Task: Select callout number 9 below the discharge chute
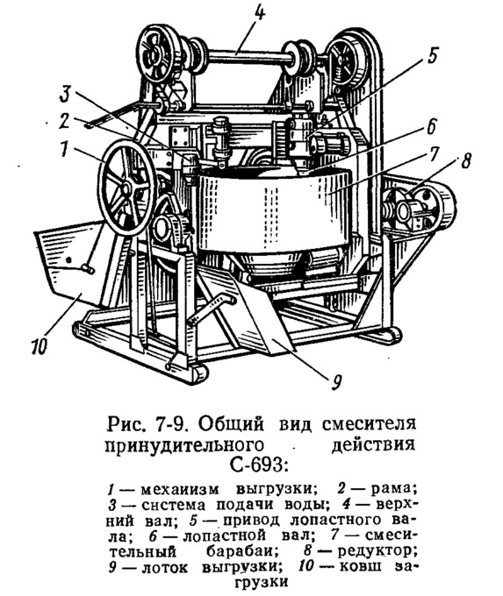tap(335, 383)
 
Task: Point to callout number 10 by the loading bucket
tap(40, 348)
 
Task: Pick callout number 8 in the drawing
tap(465, 160)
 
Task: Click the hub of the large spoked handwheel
tap(125, 188)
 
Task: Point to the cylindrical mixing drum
tap(273, 213)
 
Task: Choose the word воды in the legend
tap(304, 505)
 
